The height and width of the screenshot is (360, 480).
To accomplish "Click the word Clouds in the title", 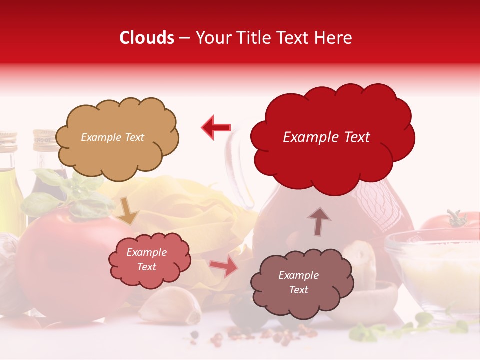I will point(147,38).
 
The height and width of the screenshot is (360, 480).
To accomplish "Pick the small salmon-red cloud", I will point(150,260).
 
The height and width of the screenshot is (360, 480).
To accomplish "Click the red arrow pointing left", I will point(216,127).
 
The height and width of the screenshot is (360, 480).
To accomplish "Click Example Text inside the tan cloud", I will point(112,137).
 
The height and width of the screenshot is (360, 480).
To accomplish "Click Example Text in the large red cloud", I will point(326,137).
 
